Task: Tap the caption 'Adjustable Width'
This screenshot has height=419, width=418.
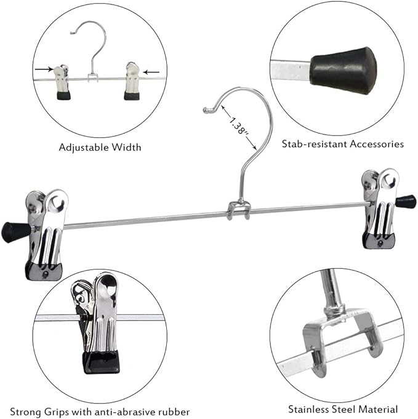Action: click(x=100, y=147)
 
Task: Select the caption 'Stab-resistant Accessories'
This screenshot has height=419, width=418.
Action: click(x=343, y=143)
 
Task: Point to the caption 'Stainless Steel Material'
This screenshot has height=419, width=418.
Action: click(x=343, y=409)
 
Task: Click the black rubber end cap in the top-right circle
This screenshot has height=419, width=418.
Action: click(x=344, y=70)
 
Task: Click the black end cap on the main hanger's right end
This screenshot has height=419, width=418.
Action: click(x=406, y=201)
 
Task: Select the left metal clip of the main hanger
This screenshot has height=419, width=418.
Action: click(x=46, y=234)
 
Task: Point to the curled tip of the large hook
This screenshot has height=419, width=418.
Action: click(x=207, y=110)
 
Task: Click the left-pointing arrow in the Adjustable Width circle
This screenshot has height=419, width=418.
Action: click(x=149, y=70)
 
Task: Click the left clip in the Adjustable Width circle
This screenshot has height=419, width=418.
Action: click(x=62, y=81)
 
